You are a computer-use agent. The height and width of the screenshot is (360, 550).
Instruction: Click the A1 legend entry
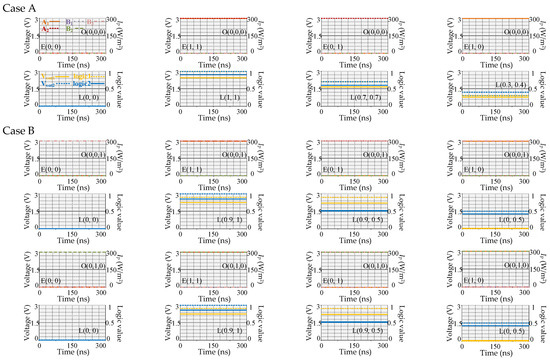[x=46, y=22]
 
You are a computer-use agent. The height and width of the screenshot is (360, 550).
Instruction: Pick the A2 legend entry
[x=46, y=29]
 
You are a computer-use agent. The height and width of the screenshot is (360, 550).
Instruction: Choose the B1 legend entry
[x=69, y=22]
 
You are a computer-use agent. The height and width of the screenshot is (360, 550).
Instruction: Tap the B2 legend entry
[x=69, y=29]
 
